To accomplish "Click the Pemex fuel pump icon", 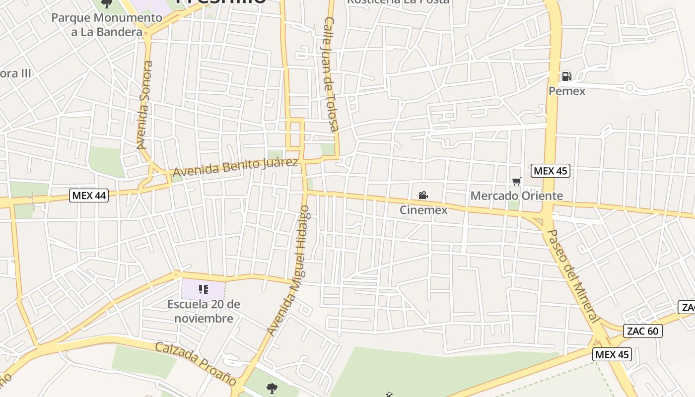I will (566, 76).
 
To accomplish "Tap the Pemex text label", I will (567, 91).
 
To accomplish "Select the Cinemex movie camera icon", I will (423, 196).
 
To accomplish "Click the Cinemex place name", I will (423, 210).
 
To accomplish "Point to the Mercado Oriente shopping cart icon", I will (517, 182).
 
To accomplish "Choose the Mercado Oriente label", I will (516, 196).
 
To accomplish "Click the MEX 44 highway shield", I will (89, 196).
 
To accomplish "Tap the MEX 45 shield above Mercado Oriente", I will (550, 171).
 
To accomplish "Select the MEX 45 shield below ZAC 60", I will (612, 354).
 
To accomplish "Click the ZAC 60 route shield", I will (642, 331).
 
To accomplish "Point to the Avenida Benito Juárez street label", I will (235, 167).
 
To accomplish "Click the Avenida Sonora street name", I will (144, 105).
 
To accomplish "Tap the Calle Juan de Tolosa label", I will (331, 74).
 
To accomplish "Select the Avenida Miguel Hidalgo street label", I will (288, 270).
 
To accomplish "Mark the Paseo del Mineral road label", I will (572, 276).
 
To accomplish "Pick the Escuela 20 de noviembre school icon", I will (203, 289).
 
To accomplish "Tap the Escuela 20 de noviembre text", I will (204, 311).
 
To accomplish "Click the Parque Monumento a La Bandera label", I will (107, 25).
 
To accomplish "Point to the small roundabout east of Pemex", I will (629, 88).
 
